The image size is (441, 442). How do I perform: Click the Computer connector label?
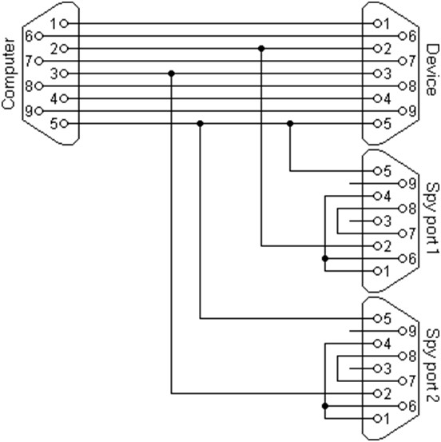pyautogui.click(x=8, y=74)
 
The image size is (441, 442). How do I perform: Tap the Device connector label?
pyautogui.click(x=432, y=70)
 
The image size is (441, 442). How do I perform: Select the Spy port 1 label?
pyautogui.click(x=432, y=218)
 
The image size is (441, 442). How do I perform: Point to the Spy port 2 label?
pyautogui.click(x=432, y=365)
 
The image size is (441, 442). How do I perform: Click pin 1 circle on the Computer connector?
pyautogui.click(x=64, y=24)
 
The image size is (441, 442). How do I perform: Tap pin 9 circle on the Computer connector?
pyautogui.click(x=39, y=111)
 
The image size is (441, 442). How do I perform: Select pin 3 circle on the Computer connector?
pyautogui.click(x=64, y=74)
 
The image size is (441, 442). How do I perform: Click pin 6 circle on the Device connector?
pyautogui.click(x=403, y=36)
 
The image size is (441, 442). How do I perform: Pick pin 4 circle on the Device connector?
pyautogui.click(x=378, y=98)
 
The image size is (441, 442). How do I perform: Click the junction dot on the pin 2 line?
pyautogui.click(x=261, y=49)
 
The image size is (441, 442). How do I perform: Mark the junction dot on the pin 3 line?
pyautogui.click(x=171, y=74)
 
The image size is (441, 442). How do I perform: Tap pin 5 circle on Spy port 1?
pyautogui.click(x=378, y=171)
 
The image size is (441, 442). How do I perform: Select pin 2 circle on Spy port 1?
pyautogui.click(x=378, y=246)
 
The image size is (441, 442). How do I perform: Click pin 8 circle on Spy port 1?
pyautogui.click(x=403, y=209)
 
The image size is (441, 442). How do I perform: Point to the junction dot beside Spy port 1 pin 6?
pyautogui.click(x=325, y=258)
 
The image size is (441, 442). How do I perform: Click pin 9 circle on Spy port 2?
pyautogui.click(x=403, y=331)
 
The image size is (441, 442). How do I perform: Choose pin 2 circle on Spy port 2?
pyautogui.click(x=378, y=393)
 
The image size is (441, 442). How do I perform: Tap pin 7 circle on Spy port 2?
pyautogui.click(x=403, y=381)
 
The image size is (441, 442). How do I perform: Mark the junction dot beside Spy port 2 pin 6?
pyautogui.click(x=325, y=406)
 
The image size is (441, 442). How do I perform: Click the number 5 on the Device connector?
pyautogui.click(x=387, y=124)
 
